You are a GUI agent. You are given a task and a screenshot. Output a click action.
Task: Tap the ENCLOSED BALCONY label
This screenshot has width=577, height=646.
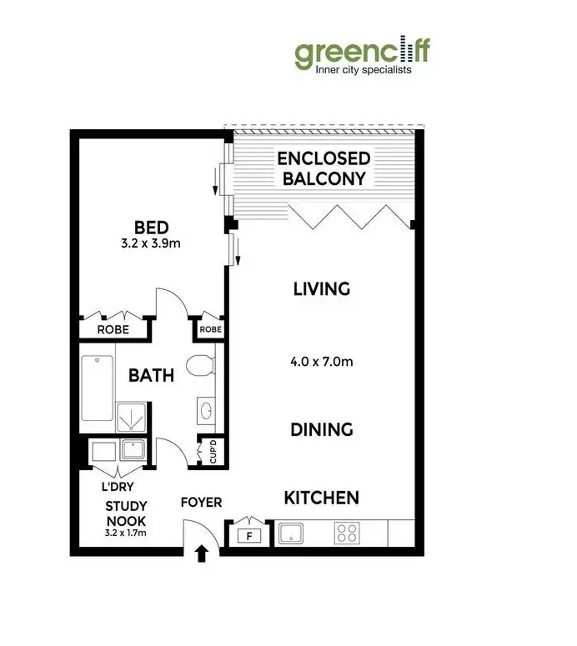point(324,168)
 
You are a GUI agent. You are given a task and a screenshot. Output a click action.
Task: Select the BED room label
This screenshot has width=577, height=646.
point(151,227)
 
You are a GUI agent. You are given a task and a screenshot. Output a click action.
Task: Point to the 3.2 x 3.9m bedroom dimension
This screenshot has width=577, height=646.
point(151,245)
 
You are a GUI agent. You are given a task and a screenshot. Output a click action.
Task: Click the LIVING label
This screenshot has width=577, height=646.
point(321,289)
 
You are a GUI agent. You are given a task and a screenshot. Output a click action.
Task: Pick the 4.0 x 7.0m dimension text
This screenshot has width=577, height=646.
point(322,362)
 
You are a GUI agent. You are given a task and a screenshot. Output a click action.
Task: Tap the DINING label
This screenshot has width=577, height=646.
point(322,430)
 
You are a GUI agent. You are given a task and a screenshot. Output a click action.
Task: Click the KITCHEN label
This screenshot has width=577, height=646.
point(322,498)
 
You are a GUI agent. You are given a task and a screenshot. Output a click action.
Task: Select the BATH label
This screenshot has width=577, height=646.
point(151,375)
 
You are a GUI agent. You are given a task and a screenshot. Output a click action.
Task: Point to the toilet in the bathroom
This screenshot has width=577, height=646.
point(200,366)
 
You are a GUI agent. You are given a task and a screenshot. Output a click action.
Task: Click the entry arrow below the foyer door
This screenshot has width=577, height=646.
point(200,553)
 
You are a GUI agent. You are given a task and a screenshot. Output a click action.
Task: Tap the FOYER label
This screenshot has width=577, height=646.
point(202,503)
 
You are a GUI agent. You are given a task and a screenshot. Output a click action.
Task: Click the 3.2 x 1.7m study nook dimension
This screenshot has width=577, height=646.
point(127,531)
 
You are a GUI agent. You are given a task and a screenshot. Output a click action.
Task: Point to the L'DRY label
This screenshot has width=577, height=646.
point(118,486)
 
